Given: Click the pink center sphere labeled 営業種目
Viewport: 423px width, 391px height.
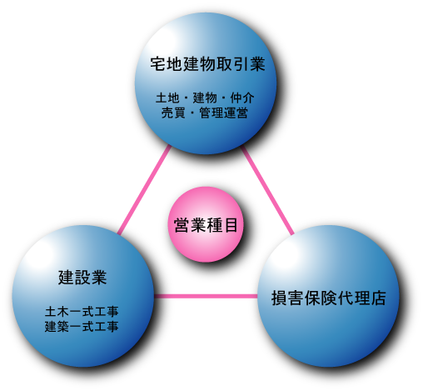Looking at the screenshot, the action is (x=206, y=224).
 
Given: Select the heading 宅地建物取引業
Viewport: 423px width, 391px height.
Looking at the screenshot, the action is (x=207, y=64).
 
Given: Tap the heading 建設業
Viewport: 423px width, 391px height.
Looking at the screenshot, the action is (x=82, y=278).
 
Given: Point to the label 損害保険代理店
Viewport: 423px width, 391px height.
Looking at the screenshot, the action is (x=329, y=298).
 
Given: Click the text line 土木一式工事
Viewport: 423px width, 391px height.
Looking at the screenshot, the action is (x=82, y=312).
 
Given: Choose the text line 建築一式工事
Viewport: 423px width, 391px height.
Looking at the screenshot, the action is (x=82, y=326).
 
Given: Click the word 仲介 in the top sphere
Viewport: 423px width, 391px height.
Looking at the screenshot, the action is (x=242, y=98).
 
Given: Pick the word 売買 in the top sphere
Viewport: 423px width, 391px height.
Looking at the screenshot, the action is (x=173, y=113).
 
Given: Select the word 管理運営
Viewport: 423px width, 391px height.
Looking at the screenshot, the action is (x=223, y=113).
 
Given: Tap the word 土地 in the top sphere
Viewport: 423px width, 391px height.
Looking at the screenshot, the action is (x=167, y=98).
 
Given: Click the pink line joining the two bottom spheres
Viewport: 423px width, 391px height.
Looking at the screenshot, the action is (x=206, y=296).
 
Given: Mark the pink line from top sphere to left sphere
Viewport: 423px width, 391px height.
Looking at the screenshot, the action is (x=143, y=190).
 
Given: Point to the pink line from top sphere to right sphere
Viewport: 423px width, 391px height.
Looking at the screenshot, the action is (x=267, y=191).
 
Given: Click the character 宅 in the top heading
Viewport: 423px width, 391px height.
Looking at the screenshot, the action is (x=158, y=64).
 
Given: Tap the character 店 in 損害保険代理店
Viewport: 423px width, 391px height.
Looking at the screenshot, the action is (x=378, y=298).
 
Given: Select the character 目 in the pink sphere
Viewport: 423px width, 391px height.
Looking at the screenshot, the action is (x=231, y=225).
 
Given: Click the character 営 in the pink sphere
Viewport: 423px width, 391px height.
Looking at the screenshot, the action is (x=182, y=225).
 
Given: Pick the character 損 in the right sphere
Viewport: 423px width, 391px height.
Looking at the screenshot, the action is (x=279, y=298).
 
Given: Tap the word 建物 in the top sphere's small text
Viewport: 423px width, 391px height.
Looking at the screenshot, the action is (x=205, y=98).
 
